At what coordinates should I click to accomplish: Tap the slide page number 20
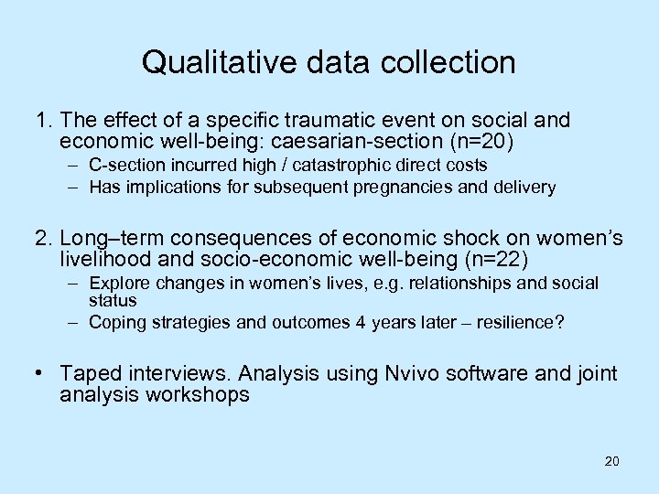(x=611, y=461)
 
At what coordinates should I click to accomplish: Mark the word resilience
(x=505, y=321)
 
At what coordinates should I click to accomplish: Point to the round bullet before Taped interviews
(x=42, y=373)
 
